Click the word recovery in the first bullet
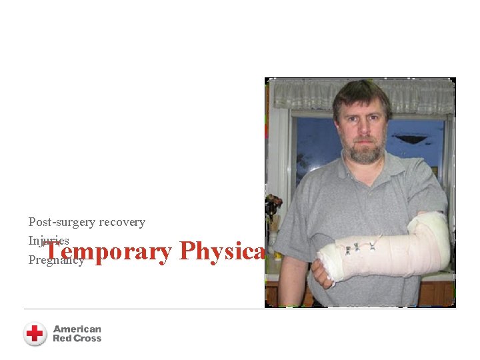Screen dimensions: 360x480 point(122,222)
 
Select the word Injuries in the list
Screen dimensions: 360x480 point(48,240)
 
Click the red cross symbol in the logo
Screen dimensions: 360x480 point(35,333)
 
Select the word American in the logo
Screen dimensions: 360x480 point(77,329)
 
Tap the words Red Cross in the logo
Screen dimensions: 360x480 point(77,339)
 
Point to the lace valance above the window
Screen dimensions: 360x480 point(360,93)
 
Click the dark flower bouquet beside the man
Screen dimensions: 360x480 point(272,207)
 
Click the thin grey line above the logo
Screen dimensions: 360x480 point(240,309)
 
